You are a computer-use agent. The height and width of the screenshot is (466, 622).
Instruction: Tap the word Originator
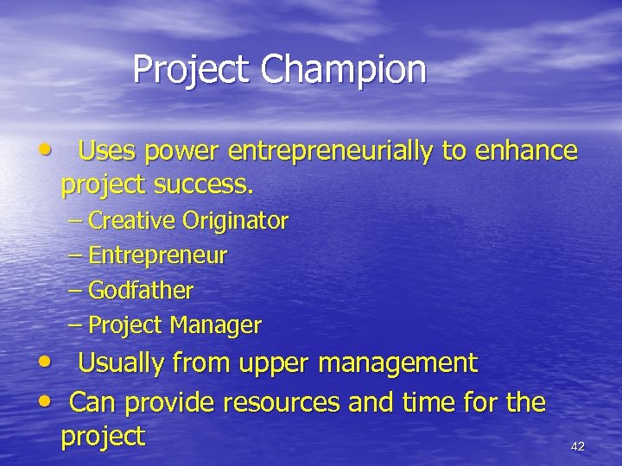point(235,221)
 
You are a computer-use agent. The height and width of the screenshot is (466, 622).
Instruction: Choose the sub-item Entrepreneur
point(157,256)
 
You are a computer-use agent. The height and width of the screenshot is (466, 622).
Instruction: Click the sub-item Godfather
point(141,291)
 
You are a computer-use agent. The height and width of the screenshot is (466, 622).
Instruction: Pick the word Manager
point(215,325)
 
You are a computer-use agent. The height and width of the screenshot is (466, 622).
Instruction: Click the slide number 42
point(578,446)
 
